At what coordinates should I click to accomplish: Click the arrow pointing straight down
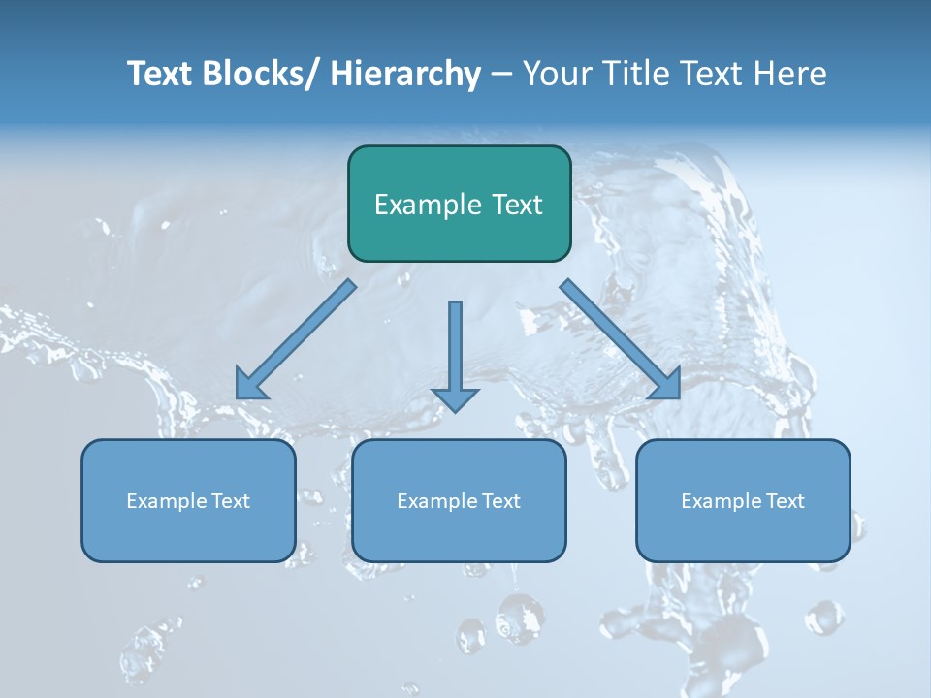[x=455, y=354]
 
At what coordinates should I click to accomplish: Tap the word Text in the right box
[x=782, y=501]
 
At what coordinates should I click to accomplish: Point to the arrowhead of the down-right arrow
[x=667, y=384]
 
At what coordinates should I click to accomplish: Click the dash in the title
[x=501, y=74]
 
